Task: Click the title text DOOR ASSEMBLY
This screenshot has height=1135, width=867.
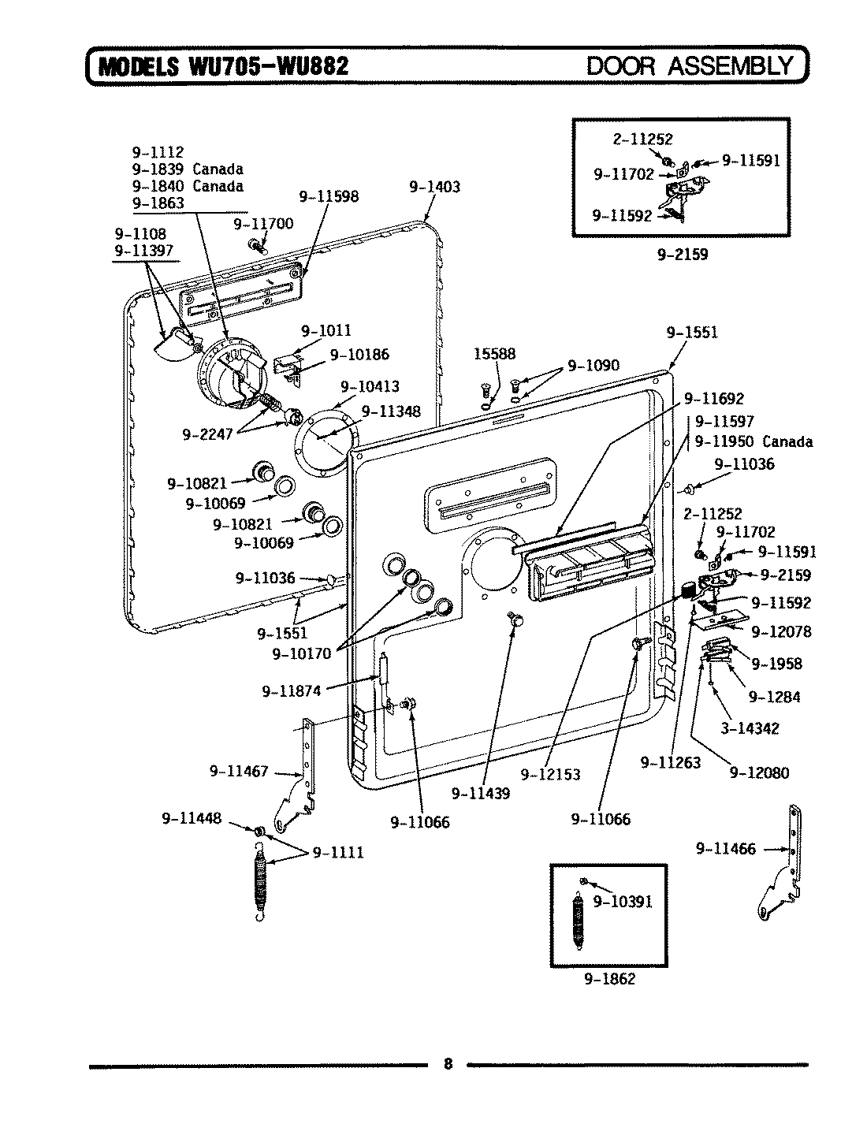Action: [x=690, y=65]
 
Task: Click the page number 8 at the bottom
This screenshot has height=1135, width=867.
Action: [x=447, y=1064]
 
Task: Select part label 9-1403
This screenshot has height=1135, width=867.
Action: [x=434, y=188]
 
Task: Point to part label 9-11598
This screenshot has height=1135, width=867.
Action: [x=329, y=196]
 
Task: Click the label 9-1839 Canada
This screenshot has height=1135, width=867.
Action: [x=188, y=169]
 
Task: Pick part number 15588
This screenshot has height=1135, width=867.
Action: [x=494, y=355]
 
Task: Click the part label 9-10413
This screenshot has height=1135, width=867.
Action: [x=370, y=386]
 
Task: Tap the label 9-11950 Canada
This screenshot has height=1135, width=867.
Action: [x=754, y=441]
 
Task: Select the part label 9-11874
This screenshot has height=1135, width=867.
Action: [x=292, y=691]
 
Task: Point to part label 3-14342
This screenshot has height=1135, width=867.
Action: [x=749, y=729]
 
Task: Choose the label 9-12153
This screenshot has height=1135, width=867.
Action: [x=550, y=774]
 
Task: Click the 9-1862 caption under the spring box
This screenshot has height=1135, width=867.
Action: [x=609, y=979]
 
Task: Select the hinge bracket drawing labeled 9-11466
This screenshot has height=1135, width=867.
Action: [x=783, y=867]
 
